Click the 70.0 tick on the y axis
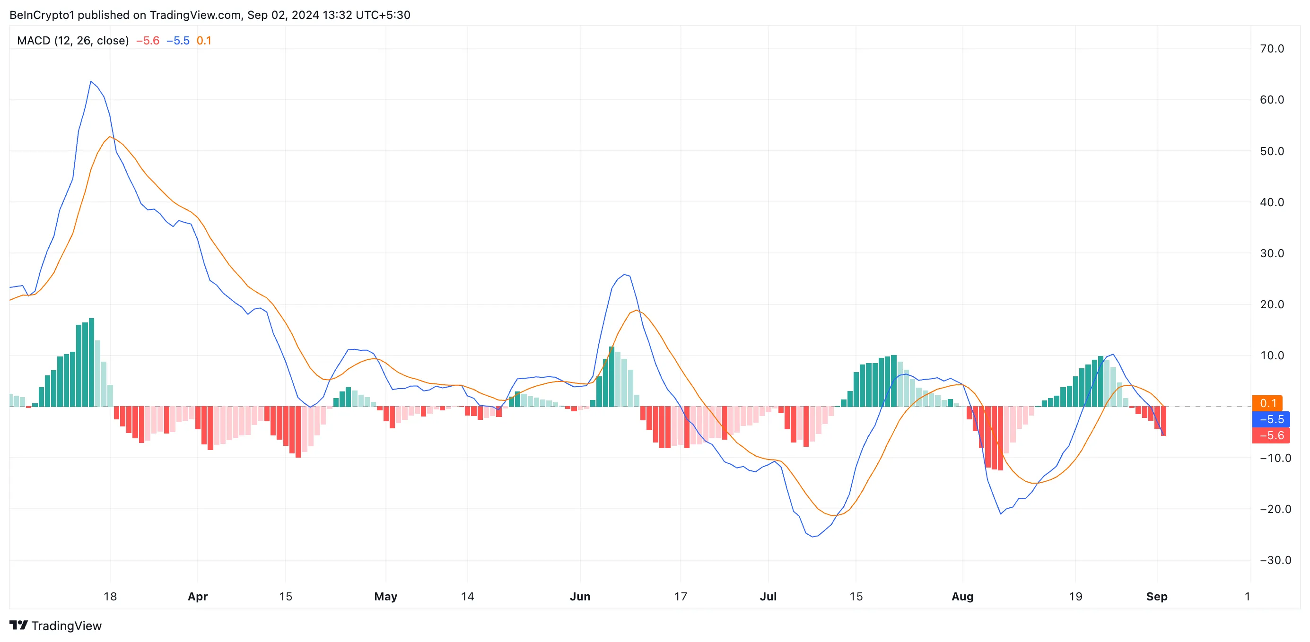coord(1271,49)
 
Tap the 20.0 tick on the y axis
coord(1271,304)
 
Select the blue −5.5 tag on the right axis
coord(1271,419)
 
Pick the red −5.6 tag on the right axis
coord(1271,435)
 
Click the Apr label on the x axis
coord(197,596)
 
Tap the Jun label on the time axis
coord(580,596)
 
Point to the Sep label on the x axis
coord(1156,596)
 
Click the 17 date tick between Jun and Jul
coord(681,596)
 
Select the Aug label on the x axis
coord(962,596)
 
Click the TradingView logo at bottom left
coord(55,626)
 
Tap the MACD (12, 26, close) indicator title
coord(73,41)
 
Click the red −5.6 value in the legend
coord(148,41)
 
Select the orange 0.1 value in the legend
coord(204,41)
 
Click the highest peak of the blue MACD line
coord(91,81)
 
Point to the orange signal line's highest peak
coord(110,137)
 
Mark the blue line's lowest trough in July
coord(812,537)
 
